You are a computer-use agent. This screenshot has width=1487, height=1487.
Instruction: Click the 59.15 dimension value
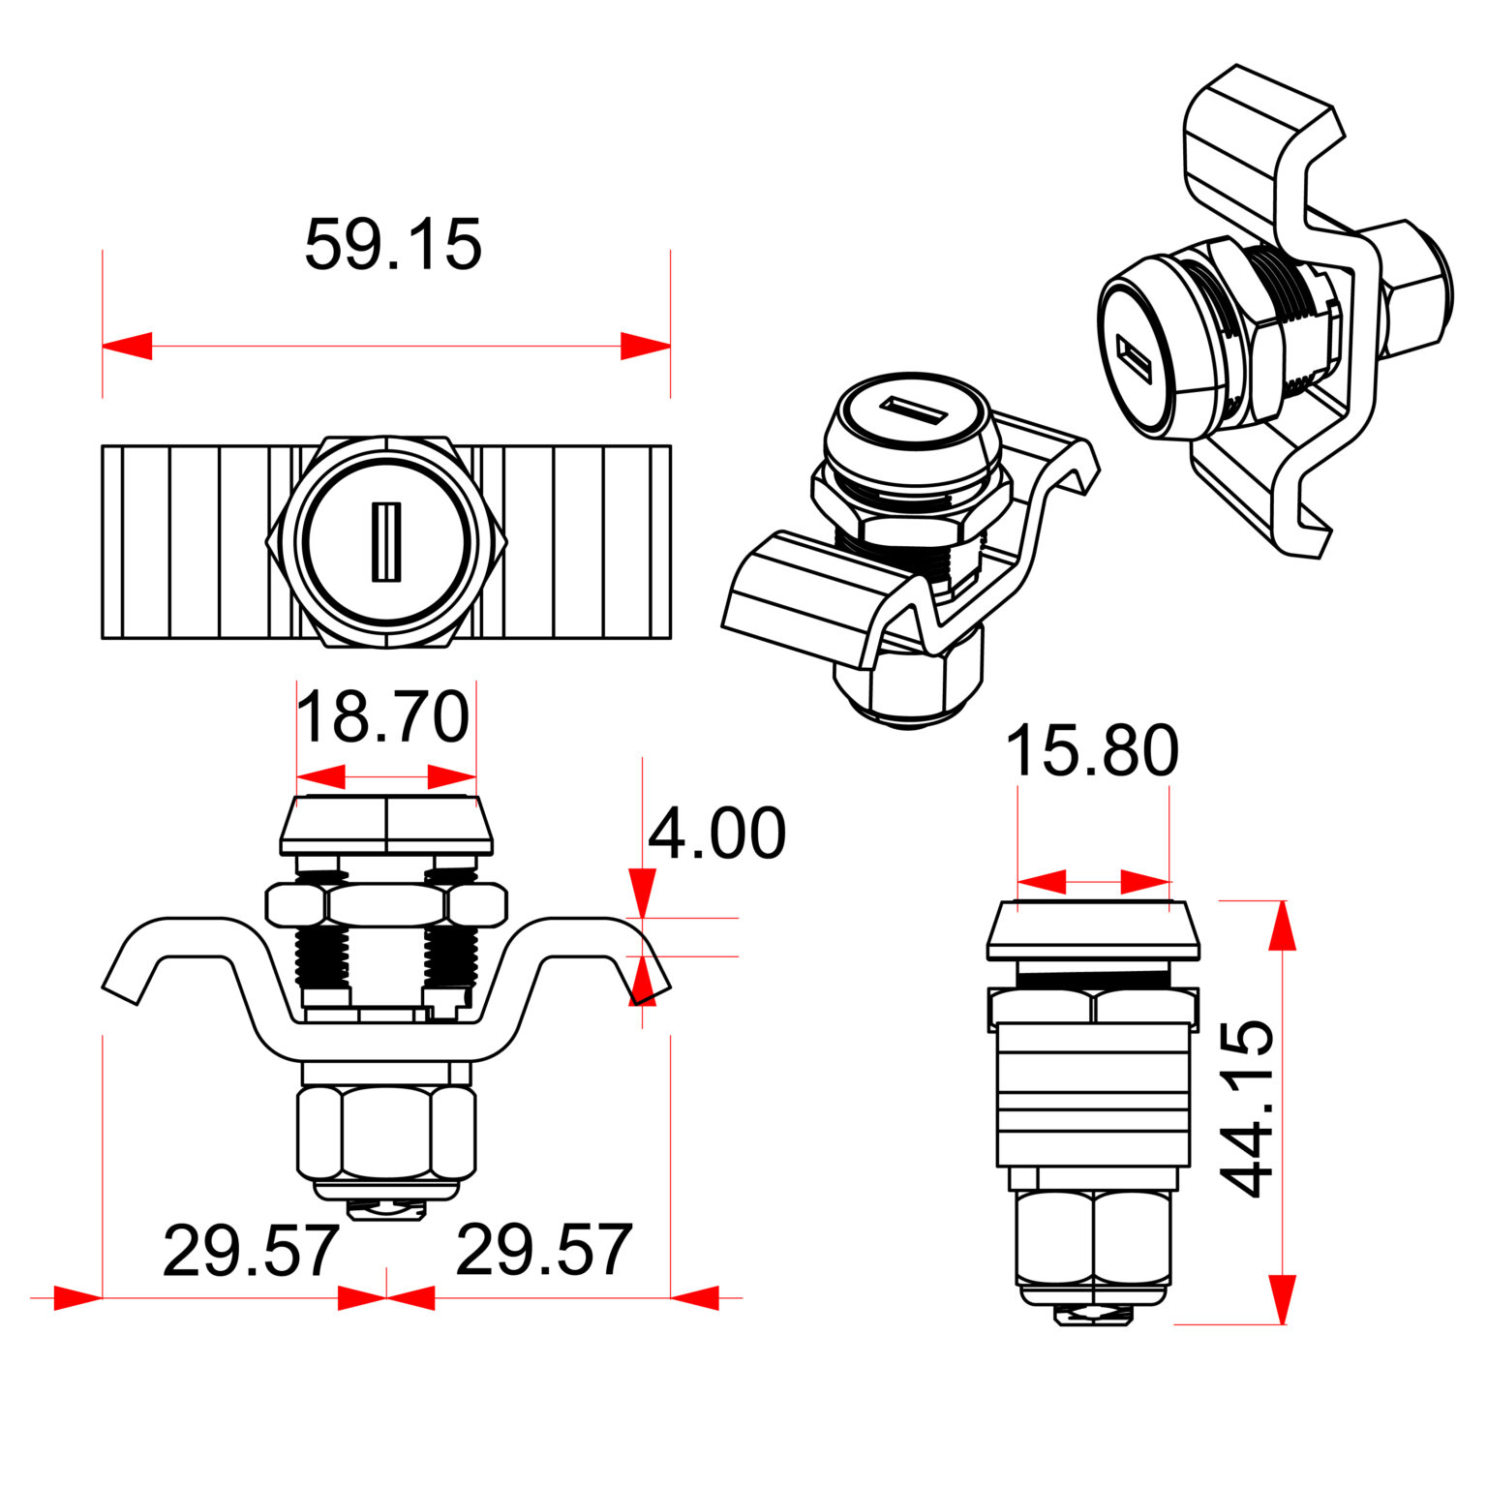click(392, 245)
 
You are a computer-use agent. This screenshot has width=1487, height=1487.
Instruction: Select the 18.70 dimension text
click(383, 718)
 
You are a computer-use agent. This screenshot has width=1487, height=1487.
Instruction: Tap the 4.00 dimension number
click(716, 834)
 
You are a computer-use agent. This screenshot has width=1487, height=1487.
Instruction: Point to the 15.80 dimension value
click(1092, 751)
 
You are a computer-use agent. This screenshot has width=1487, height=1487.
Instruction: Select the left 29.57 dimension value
click(251, 1252)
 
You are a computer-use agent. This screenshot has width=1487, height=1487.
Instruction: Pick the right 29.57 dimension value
click(544, 1250)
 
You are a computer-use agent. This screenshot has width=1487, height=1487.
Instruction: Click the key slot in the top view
click(386, 542)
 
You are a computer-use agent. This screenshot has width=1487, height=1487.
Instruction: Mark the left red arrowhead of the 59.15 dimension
click(127, 346)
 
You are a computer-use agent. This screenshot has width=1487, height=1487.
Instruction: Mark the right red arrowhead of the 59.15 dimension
click(646, 346)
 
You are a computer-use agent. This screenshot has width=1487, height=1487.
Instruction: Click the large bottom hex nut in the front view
click(386, 1131)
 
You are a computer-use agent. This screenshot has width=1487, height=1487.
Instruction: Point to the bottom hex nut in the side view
click(1093, 1236)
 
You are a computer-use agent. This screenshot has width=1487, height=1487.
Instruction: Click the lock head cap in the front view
click(386, 826)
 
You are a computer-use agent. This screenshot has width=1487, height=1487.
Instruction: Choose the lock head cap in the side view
click(1093, 930)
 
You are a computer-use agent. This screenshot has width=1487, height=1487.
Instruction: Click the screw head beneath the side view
click(1093, 1315)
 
